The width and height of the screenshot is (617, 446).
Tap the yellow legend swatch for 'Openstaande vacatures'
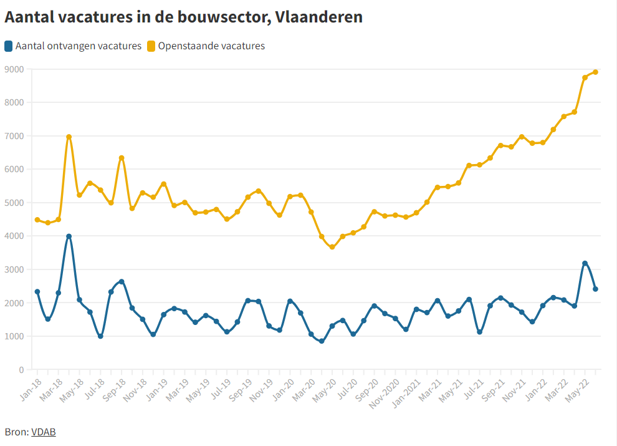[x=151, y=46]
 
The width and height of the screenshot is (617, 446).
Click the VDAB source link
[x=43, y=432]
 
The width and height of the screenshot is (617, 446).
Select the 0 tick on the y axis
[x=21, y=370]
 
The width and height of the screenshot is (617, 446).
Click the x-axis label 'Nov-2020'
[x=382, y=392]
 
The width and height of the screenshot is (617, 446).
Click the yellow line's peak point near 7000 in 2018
[x=69, y=137]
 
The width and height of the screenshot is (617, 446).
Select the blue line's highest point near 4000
[x=69, y=237]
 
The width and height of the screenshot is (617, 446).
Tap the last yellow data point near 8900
[x=595, y=72]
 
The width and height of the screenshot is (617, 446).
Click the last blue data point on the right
[x=595, y=289]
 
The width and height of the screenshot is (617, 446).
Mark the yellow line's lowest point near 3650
[x=332, y=247]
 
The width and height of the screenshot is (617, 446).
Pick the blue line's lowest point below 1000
[x=322, y=341]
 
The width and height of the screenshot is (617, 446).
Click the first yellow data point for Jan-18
[x=37, y=220]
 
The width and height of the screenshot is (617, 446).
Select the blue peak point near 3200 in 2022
[x=585, y=263]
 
